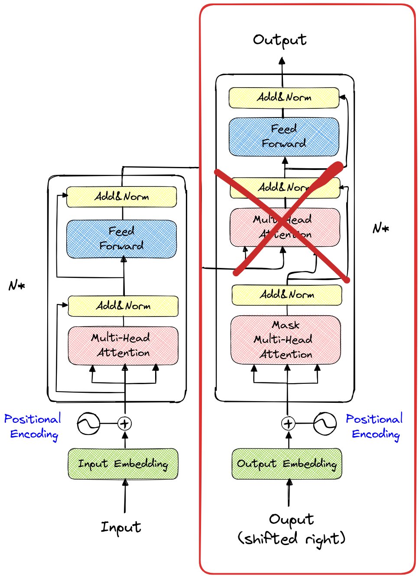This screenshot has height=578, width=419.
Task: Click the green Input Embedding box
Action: [x=123, y=464]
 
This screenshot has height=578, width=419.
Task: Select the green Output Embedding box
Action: [x=287, y=464]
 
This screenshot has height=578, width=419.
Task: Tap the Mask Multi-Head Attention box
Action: [x=286, y=340]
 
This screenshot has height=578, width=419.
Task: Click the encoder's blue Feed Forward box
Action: [x=121, y=239]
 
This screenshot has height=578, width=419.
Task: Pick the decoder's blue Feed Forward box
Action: [x=284, y=137]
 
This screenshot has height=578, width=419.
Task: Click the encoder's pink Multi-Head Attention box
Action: [x=123, y=346]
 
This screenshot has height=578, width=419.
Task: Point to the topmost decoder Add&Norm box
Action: [x=284, y=98]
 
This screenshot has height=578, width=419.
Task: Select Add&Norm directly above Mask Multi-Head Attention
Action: [x=287, y=295]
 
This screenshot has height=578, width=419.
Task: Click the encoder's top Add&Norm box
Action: [x=121, y=197]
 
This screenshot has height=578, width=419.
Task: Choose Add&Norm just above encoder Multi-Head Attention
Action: [x=123, y=306]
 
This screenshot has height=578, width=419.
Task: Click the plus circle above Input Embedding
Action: [x=125, y=424]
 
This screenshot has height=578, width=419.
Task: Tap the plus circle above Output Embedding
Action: [x=288, y=423]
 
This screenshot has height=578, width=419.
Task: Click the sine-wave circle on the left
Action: [x=88, y=424]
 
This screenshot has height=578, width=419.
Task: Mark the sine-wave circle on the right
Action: [x=325, y=423]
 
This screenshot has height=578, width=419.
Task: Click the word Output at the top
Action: [x=280, y=40]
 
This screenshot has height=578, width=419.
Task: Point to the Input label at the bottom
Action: [x=121, y=527]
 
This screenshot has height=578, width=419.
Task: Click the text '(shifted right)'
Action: [x=291, y=539]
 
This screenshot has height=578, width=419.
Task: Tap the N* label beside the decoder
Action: [x=381, y=228]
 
